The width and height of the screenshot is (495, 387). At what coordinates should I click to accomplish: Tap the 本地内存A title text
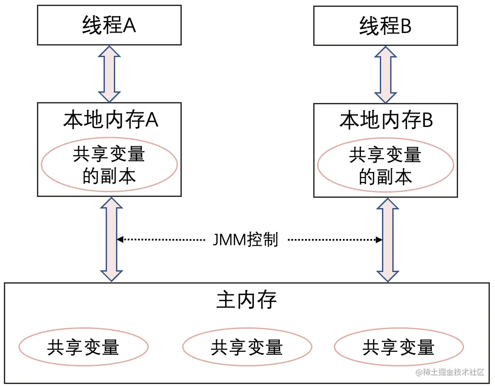click(111, 120)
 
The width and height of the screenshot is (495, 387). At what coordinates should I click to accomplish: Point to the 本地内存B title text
click(386, 121)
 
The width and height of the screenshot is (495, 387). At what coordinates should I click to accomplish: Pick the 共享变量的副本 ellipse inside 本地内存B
click(385, 166)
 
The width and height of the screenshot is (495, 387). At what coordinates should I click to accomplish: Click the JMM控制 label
click(245, 239)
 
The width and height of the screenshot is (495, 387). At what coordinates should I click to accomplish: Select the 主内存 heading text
click(247, 301)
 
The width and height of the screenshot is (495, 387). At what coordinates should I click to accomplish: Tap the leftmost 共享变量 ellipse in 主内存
click(83, 347)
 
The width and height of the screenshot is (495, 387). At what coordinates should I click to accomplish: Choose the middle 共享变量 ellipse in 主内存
click(247, 347)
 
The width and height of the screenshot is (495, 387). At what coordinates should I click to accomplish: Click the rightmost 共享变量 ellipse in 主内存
click(398, 347)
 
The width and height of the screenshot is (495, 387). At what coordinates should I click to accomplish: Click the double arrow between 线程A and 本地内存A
click(110, 73)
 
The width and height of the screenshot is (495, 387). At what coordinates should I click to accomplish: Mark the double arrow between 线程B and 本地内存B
click(386, 74)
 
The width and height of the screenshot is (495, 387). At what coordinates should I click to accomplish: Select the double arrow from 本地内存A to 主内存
click(111, 239)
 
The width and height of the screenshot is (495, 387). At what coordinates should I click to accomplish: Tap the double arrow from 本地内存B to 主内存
click(388, 240)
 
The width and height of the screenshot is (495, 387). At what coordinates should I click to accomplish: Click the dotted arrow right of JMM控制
click(335, 239)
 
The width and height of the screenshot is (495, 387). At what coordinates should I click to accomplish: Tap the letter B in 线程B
click(406, 27)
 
